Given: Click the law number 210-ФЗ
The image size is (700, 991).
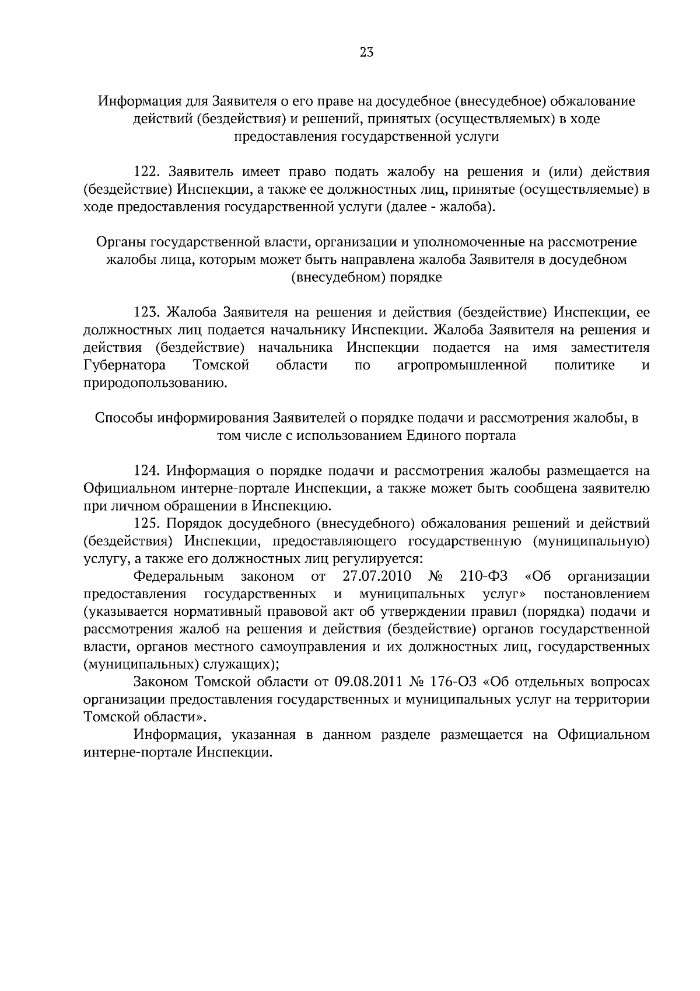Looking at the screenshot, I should pyautogui.click(x=484, y=577).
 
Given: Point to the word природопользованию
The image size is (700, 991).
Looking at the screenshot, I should pyautogui.click(x=155, y=383).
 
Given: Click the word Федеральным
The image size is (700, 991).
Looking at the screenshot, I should pyautogui.click(x=178, y=577).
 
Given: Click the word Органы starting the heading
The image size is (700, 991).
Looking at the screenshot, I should pyautogui.click(x=120, y=242).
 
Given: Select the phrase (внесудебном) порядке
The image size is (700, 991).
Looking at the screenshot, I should pyautogui.click(x=366, y=278).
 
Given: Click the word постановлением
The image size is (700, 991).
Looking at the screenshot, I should pyautogui.click(x=596, y=594).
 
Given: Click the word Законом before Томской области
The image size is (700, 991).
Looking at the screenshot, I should pyautogui.click(x=161, y=682).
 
